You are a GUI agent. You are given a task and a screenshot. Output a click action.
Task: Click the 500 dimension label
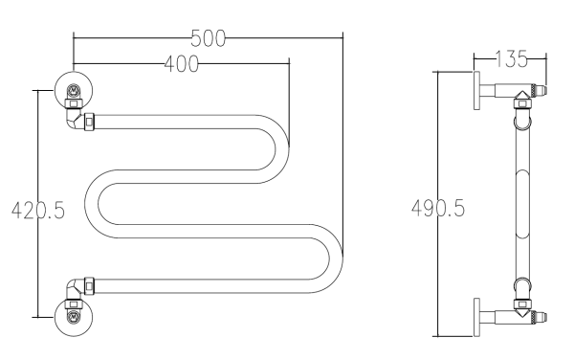[x=208, y=38]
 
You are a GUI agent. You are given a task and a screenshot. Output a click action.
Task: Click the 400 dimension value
[x=181, y=64]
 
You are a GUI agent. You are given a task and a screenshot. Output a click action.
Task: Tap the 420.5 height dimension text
[x=38, y=211]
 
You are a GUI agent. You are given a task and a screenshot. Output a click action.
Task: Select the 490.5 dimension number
[x=438, y=209]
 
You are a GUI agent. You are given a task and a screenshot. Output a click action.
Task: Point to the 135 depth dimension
[x=511, y=58]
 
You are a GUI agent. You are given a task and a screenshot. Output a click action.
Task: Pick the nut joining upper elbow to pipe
[x=89, y=122]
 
